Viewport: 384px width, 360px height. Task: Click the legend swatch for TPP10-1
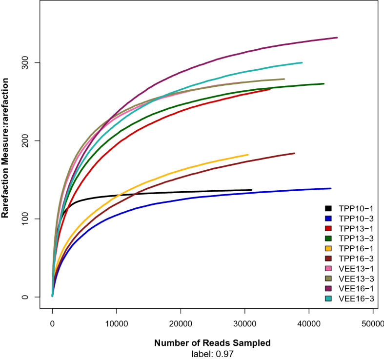pyautogui.click(x=328, y=207)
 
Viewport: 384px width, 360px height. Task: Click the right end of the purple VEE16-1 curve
pyautogui.click(x=337, y=38)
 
